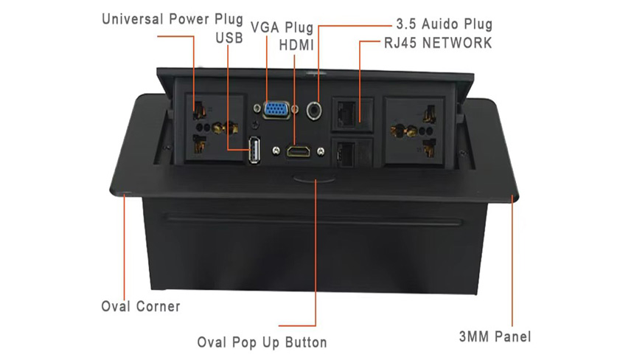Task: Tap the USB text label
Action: pos(229,36)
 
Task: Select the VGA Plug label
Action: pos(282,28)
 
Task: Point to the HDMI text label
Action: pos(297,45)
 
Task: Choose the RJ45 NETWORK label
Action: pos(437,43)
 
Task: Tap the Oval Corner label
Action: pos(140,305)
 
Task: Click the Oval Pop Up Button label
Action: pos(262,342)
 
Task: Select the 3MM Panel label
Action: pos(495,337)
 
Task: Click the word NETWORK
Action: pos(459,43)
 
